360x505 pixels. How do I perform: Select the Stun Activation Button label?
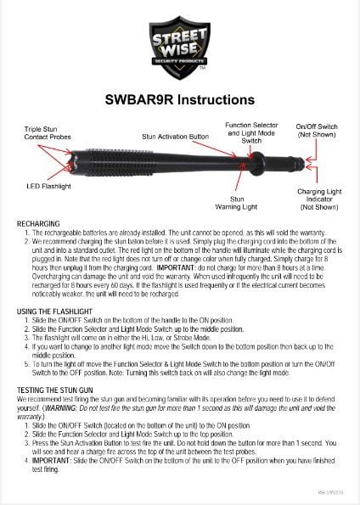(x=175, y=135)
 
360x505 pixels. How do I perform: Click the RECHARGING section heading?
(x=37, y=222)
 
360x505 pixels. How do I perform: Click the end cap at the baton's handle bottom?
(x=299, y=158)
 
